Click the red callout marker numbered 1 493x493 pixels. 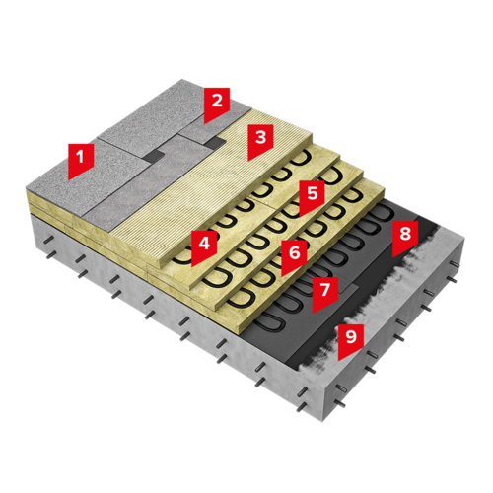click(81, 160)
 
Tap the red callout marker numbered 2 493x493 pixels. click(216, 104)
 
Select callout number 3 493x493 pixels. click(260, 140)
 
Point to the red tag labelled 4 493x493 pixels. click(204, 246)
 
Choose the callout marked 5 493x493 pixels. click(312, 196)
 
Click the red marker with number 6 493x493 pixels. click(294, 256)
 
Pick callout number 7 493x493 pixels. click(325, 293)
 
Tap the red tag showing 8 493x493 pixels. click(405, 237)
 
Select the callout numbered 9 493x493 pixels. click(351, 340)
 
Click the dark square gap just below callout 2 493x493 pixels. click(216, 142)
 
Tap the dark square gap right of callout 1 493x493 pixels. click(154, 155)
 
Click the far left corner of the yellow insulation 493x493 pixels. click(27, 188)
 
